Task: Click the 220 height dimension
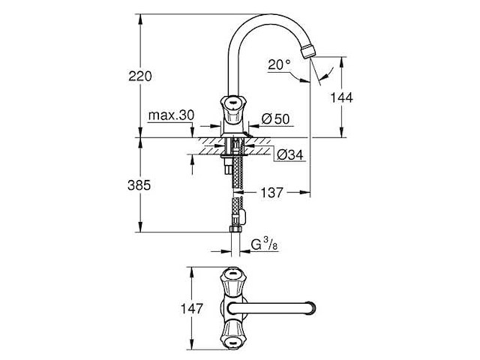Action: click(140, 76)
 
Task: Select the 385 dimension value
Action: click(140, 184)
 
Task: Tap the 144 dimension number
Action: click(341, 97)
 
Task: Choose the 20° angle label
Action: click(278, 65)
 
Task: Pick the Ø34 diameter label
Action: click(289, 154)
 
